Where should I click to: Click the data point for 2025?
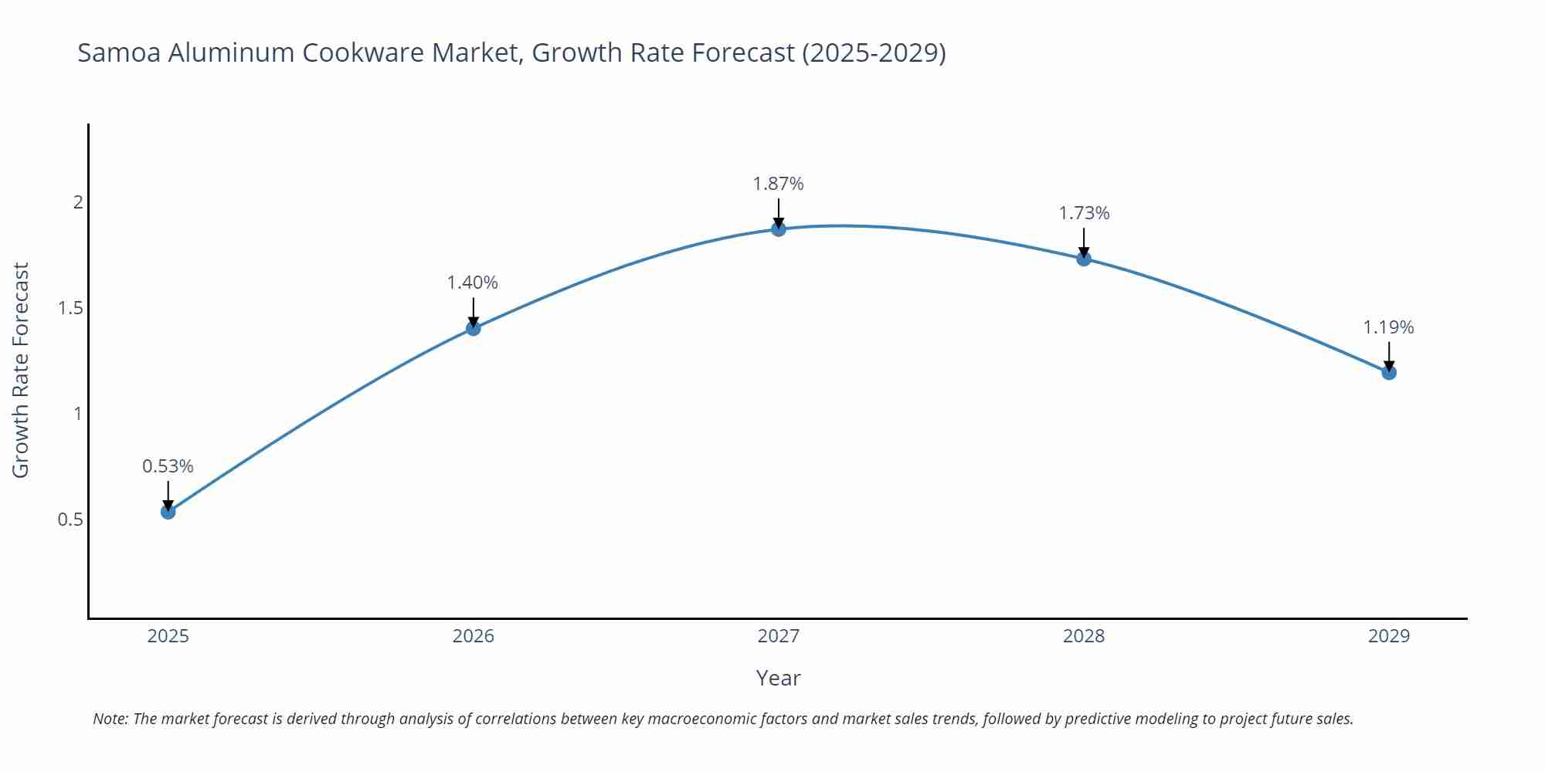[168, 512]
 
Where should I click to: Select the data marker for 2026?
[474, 328]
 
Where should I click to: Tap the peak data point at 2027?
[779, 229]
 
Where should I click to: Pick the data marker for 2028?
[1084, 259]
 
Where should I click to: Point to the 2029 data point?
[1389, 373]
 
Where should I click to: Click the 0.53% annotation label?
[168, 466]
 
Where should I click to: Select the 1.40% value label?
[473, 283]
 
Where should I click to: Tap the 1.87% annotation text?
[779, 184]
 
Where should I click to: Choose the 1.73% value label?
[1084, 213]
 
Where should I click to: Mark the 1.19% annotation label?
[1388, 327]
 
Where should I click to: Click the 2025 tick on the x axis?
[168, 636]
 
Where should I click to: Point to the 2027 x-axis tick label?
[779, 636]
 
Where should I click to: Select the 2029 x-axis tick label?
[1389, 636]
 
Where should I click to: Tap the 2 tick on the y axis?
[77, 202]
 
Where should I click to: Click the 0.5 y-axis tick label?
[70, 520]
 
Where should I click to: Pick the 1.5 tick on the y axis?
[70, 308]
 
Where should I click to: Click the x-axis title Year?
[779, 678]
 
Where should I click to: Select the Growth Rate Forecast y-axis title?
[21, 371]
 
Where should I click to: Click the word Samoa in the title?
[119, 52]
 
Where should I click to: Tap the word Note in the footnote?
[110, 719]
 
